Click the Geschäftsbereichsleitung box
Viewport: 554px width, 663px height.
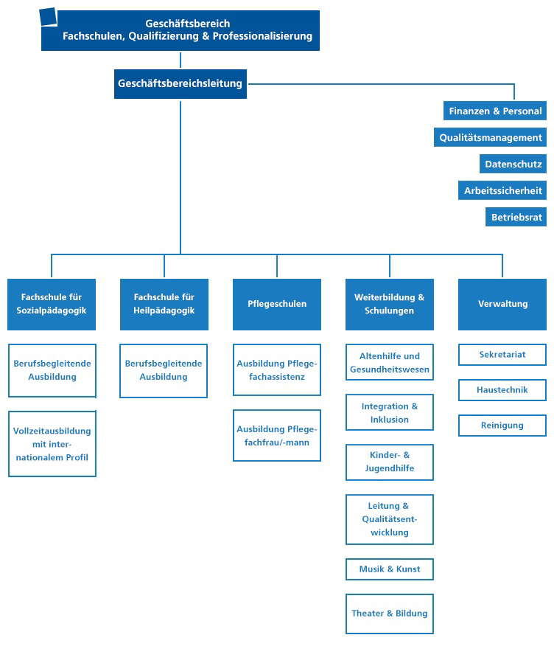point(180,84)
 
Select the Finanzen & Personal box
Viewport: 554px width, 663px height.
point(495,111)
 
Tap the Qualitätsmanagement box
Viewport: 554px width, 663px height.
point(490,137)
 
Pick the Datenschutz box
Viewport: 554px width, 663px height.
point(513,164)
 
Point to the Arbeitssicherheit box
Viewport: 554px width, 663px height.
point(502,191)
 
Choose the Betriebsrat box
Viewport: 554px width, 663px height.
point(516,217)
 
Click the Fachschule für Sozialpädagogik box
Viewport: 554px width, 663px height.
point(52,304)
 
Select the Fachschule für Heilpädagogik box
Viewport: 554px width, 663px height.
point(164,304)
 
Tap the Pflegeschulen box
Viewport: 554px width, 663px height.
point(277,304)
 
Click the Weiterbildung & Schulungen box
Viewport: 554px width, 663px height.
point(390,304)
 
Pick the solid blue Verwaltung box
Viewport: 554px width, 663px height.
point(502,304)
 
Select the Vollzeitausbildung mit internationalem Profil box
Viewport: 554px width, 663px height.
point(52,444)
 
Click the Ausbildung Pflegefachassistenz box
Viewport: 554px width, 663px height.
point(277,370)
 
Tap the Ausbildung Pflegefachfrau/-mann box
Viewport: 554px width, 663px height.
point(277,436)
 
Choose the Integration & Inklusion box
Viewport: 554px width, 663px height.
point(390,413)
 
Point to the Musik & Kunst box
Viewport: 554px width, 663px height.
point(390,569)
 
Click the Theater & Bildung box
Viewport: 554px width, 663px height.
point(390,614)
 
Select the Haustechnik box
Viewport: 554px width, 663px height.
point(502,390)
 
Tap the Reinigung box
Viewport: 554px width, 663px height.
point(502,426)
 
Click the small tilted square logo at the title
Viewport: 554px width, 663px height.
point(48,17)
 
